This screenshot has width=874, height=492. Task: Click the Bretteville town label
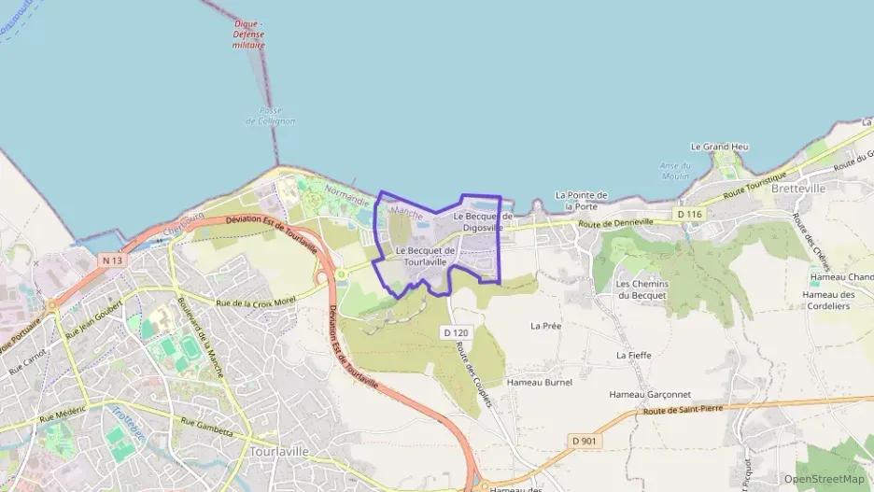pyautogui.click(x=798, y=188)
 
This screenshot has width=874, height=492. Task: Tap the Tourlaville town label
pyautogui.click(x=279, y=451)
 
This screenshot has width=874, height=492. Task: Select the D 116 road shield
pyautogui.click(x=689, y=215)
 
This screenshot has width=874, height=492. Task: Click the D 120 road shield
pyautogui.click(x=455, y=332)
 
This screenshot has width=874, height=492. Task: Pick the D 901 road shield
pyautogui.click(x=585, y=440)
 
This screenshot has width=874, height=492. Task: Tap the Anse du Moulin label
pyautogui.click(x=675, y=170)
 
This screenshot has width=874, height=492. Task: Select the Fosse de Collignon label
pyautogui.click(x=271, y=116)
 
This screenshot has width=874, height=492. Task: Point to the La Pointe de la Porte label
pyautogui.click(x=582, y=200)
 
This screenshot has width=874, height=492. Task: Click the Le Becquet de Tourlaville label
pyautogui.click(x=425, y=256)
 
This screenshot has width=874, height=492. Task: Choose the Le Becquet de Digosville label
pyautogui.click(x=483, y=221)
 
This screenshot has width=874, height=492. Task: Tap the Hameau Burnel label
pyautogui.click(x=539, y=382)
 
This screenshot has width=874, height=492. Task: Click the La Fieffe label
pyautogui.click(x=634, y=355)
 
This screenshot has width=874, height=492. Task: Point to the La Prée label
pyautogui.click(x=545, y=326)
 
